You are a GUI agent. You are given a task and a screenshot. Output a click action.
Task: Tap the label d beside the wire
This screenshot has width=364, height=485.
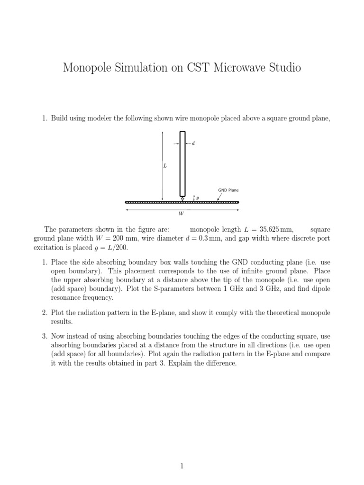pos(193,144)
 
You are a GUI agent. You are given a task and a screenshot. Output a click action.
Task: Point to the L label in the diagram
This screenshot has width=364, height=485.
pos(165,166)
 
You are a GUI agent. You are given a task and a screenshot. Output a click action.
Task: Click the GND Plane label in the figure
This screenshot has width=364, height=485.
pos(228,190)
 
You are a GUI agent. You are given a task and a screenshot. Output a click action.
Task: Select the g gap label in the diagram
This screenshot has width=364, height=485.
pos(197,197)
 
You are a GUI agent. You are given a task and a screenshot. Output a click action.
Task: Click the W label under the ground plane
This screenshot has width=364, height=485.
pos(181,214)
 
